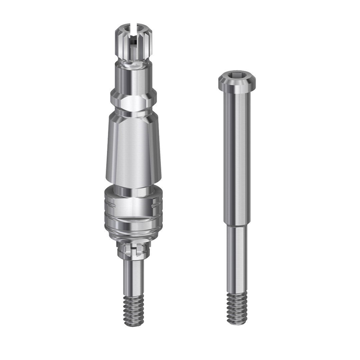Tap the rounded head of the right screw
pyautogui.click(x=237, y=84)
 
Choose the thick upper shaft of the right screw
pyautogui.click(x=237, y=157)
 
